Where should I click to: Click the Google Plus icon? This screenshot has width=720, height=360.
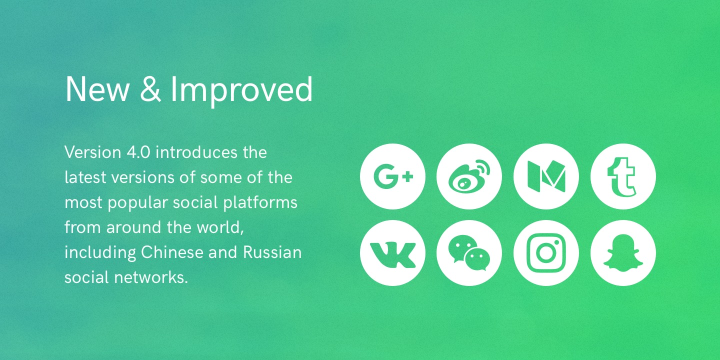392,176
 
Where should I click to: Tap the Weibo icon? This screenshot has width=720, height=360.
469,176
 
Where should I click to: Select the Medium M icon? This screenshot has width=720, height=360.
546,176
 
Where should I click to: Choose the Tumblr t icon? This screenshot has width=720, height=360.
623,176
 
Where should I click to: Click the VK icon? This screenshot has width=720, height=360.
392,253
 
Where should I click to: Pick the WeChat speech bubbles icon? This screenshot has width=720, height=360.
469,253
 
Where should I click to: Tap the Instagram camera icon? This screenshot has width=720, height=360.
546,253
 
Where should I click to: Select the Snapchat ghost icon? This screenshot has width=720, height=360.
623,253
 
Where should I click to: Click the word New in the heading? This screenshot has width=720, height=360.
97,89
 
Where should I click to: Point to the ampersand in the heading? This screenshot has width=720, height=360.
150,89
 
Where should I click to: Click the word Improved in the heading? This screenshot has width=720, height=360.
241,91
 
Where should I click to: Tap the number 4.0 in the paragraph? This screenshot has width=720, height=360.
138,152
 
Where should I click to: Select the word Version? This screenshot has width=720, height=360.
93,152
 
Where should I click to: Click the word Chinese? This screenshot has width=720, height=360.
172,252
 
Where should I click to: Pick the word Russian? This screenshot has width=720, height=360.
272,252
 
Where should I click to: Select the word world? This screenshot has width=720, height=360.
220,227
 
